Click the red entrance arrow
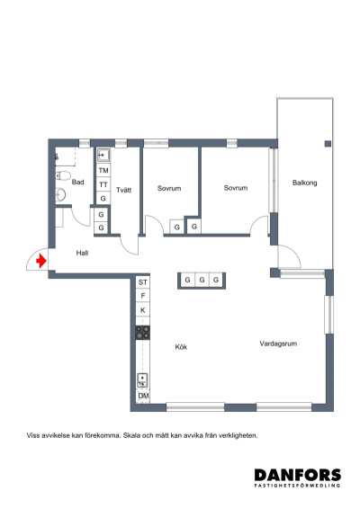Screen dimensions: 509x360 tap(40, 263)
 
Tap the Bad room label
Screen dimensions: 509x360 tap(78, 183)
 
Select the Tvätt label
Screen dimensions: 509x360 tap(124, 189)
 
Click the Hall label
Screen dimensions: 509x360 tap(82, 253)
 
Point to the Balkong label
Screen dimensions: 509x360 tap(304, 183)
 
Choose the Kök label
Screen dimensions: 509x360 tap(181, 346)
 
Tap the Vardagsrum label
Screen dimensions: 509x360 tap(278, 343)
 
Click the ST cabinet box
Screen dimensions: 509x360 tap(142, 282)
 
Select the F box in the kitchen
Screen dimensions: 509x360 tap(142, 296)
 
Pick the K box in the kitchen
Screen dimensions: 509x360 tap(142, 310)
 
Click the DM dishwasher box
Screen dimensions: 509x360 tap(142, 397)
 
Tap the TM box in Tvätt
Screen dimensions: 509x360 tap(103, 170)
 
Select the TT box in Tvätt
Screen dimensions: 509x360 tap(103, 184)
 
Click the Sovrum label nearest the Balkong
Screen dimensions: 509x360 tap(236, 188)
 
